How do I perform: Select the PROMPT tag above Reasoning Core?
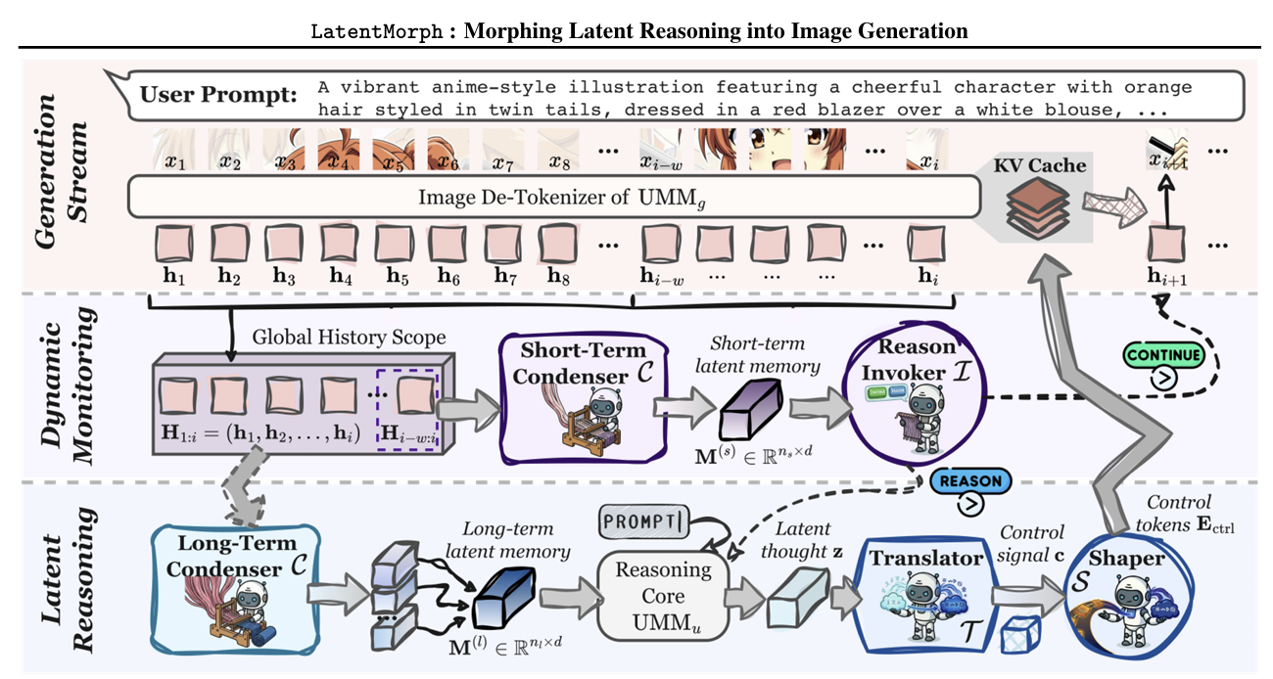click(x=647, y=520)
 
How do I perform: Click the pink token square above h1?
click(x=174, y=239)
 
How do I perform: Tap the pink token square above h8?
click(x=559, y=239)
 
